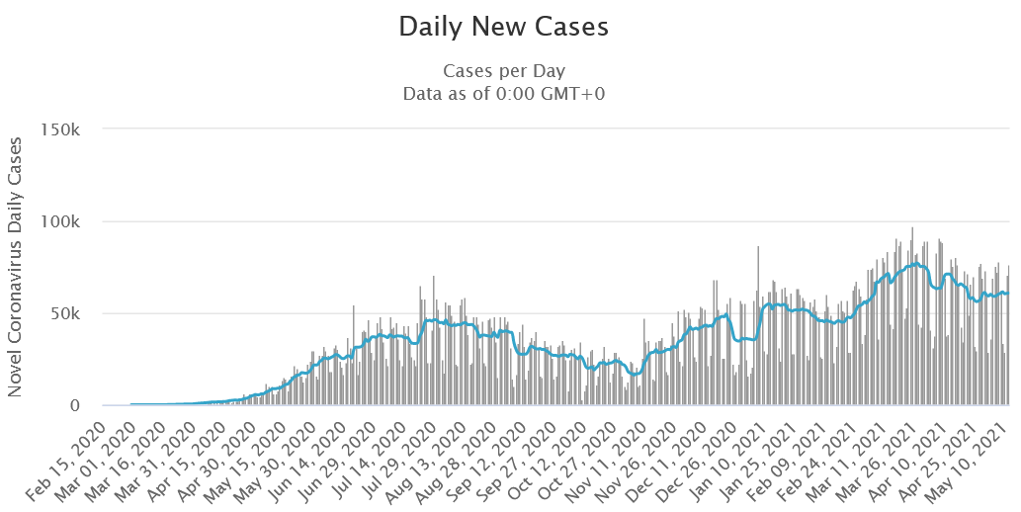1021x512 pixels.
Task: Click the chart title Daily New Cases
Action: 503,27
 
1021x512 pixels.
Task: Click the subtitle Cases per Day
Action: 503,71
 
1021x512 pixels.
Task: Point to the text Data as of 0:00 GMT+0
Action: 503,94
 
